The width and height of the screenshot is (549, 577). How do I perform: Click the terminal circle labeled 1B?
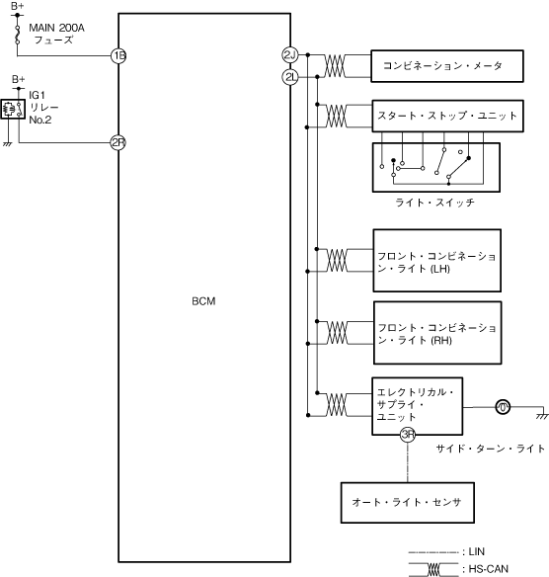[118, 56]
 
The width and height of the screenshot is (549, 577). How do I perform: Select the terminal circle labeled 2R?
[118, 142]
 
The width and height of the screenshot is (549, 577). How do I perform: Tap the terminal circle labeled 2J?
[290, 54]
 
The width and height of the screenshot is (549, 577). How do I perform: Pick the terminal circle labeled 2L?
[290, 77]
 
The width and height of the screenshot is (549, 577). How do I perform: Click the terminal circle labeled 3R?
[408, 435]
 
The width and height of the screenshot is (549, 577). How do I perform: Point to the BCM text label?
[203, 301]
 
